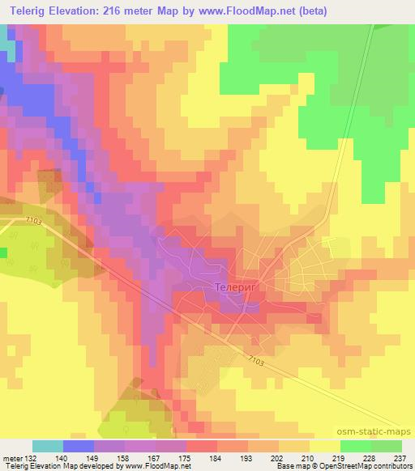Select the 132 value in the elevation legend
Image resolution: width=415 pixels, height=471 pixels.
(x=32, y=457)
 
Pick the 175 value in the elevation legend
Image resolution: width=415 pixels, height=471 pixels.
(x=186, y=457)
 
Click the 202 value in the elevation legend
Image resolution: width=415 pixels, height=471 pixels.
(x=278, y=457)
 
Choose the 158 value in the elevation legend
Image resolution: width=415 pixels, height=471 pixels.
(x=124, y=457)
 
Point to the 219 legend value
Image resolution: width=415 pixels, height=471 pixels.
(x=340, y=457)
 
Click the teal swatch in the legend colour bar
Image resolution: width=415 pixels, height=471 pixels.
(x=47, y=446)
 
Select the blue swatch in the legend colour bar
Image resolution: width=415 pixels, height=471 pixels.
(x=78, y=446)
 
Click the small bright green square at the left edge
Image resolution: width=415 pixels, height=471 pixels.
(x=2, y=253)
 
